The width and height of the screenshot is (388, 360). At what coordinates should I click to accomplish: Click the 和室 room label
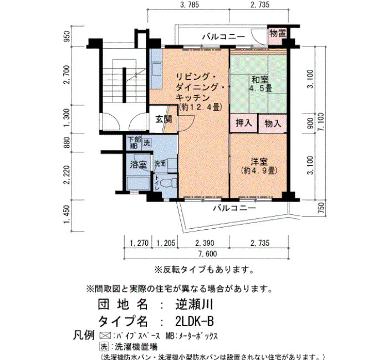[259, 80]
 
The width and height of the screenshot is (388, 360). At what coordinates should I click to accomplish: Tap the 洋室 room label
[259, 162]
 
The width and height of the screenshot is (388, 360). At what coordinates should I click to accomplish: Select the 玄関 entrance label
[164, 120]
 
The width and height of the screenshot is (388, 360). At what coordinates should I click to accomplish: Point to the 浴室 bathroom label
[138, 164]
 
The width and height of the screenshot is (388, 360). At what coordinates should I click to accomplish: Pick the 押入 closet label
[243, 122]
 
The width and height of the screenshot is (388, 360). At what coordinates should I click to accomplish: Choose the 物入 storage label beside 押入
[273, 123]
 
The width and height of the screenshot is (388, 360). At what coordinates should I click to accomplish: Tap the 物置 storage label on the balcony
[277, 33]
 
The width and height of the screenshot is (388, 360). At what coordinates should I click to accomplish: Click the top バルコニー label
[224, 37]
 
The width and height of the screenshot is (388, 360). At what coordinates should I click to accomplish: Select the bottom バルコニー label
[234, 208]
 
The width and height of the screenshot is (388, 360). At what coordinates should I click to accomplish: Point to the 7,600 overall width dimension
[208, 254]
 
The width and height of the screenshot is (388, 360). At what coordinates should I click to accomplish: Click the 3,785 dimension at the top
[189, 4]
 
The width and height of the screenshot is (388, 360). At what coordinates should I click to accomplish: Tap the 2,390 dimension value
[205, 243]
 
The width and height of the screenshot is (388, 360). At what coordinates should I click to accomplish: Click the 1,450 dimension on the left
[66, 214]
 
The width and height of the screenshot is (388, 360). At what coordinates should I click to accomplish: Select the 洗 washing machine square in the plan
[147, 142]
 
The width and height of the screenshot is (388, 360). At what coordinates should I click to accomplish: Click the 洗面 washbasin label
[160, 164]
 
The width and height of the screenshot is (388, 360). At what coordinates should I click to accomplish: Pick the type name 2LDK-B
[194, 322]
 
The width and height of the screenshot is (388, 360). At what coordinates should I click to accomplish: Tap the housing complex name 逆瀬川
[194, 305]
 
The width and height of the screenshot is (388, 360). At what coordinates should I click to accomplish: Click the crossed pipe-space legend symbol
[105, 336]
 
